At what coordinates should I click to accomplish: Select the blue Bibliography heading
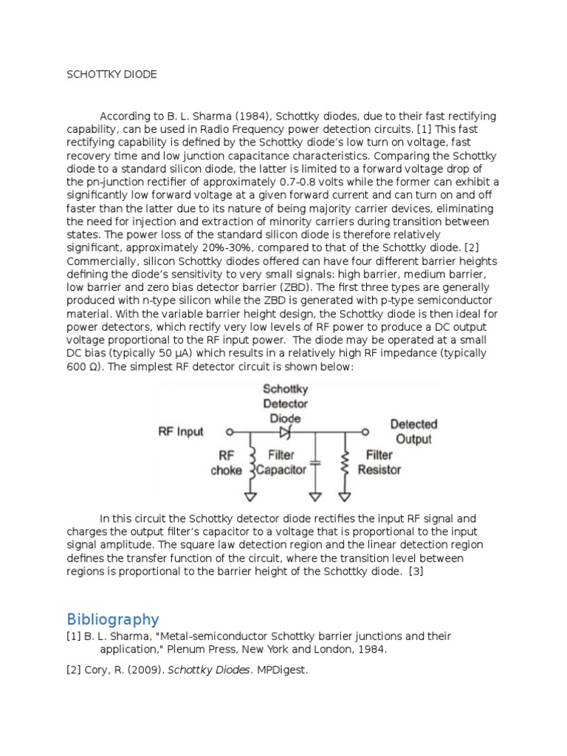tap(112, 619)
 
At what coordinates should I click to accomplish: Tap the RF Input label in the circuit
tap(181, 431)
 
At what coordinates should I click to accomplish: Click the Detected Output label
tap(413, 431)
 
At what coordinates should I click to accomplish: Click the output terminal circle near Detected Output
tap(364, 432)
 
